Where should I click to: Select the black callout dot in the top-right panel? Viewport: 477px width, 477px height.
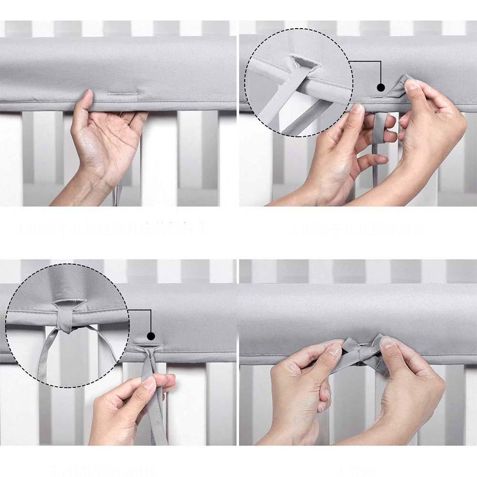pos(381,87)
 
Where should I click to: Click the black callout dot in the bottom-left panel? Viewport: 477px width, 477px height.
pos(151,336)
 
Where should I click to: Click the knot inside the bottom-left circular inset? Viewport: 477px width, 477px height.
pos(64,326)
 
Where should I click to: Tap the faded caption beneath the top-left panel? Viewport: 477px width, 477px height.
pos(112,230)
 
